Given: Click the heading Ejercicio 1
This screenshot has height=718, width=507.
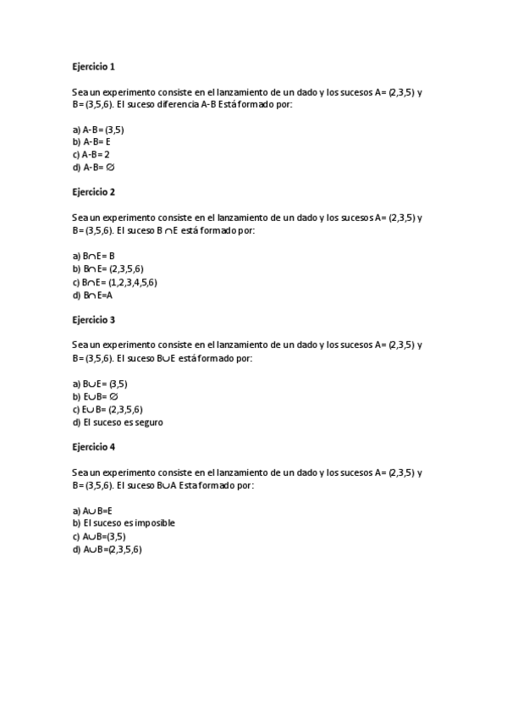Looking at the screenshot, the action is coord(93,66).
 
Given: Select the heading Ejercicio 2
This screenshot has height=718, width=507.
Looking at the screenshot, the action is coord(93,192).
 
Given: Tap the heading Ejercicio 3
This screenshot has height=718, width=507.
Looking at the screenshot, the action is coord(93,320).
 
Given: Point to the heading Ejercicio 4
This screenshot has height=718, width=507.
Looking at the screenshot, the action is coord(93,446).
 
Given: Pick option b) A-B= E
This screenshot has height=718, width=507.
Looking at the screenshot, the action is coord(92,142).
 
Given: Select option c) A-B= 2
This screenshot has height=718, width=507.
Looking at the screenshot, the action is coord(91,155).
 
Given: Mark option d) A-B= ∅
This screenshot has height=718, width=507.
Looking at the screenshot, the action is coord(93,168).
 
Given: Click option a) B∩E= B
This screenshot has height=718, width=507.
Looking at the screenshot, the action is coord(94,256).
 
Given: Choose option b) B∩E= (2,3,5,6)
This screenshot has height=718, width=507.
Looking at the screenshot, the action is coord(107,268).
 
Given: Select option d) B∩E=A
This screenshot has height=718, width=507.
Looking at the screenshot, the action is coord(93,295).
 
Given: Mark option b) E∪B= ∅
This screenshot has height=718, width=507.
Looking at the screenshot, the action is coord(95,396).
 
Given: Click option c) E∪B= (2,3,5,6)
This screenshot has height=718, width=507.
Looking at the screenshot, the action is coord(107,409).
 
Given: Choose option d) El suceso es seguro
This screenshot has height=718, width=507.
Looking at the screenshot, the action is coord(118,422).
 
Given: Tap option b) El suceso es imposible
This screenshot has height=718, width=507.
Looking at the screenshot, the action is coord(124,523).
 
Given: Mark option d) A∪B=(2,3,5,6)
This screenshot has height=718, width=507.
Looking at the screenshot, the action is coord(107,550).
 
